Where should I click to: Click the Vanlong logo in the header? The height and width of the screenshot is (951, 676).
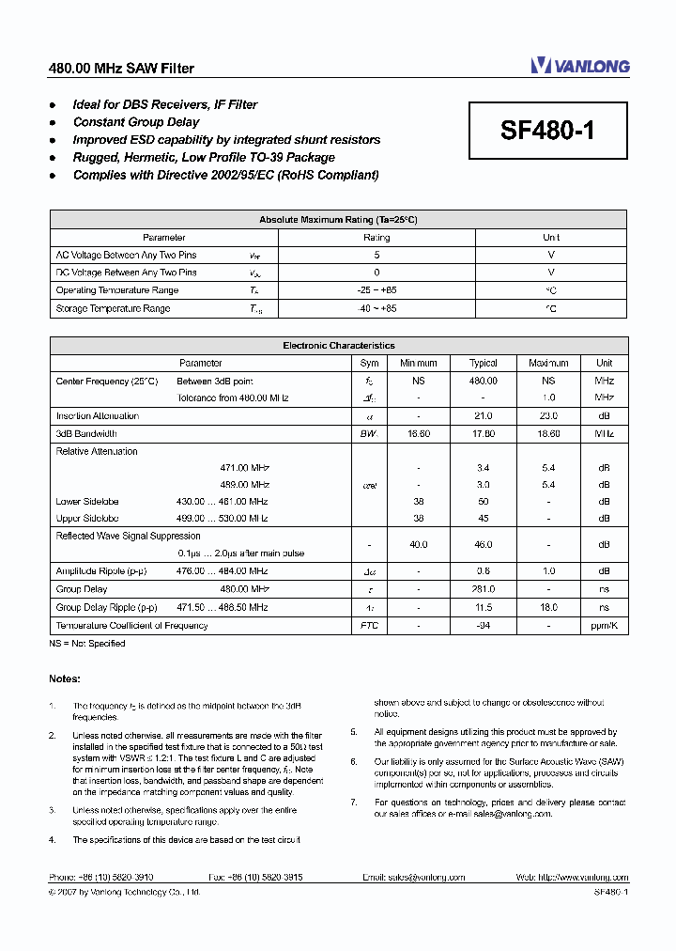click(579, 65)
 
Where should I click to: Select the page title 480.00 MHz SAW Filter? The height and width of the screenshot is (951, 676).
click(121, 69)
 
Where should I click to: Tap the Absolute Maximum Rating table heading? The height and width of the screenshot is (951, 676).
click(338, 220)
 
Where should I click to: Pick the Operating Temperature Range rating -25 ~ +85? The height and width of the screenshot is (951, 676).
click(376, 290)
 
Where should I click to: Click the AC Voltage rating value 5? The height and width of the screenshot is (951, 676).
click(376, 255)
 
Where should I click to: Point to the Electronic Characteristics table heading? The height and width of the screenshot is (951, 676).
click(338, 346)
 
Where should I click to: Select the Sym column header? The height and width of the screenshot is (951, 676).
click(369, 363)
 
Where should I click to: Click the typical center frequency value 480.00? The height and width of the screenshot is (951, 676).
click(484, 381)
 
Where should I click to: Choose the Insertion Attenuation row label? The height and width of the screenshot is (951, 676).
click(98, 416)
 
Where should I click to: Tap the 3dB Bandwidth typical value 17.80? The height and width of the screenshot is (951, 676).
click(484, 434)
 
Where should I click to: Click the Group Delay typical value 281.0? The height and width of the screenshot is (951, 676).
click(484, 589)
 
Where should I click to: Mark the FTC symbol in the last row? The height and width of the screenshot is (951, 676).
click(369, 625)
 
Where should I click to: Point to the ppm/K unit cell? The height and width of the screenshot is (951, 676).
click(604, 625)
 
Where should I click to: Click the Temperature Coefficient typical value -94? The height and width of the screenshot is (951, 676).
click(484, 625)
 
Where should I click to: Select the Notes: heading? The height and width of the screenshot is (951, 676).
click(65, 678)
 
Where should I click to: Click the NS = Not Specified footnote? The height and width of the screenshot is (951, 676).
click(86, 644)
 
